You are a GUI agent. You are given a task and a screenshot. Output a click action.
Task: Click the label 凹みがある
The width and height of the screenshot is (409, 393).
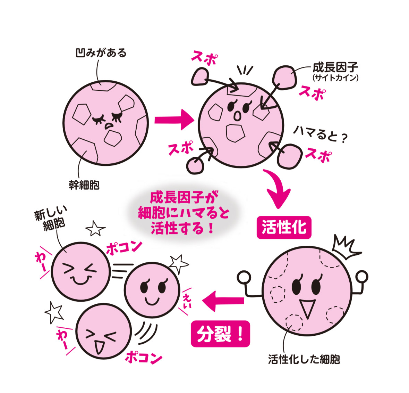(101, 53)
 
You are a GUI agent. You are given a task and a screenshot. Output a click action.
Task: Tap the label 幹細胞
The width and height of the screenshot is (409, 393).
(84, 185)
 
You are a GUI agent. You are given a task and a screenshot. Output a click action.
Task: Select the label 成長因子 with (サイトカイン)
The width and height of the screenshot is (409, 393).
(335, 71)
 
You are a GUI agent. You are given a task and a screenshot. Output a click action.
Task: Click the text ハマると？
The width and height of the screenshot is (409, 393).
(320, 134)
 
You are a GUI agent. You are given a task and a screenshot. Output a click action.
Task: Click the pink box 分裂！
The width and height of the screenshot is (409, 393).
(220, 334)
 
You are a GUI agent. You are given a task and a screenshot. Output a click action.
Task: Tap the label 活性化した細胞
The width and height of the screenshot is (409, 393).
(304, 359)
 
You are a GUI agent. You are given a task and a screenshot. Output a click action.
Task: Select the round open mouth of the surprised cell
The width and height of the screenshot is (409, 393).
(237, 116)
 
